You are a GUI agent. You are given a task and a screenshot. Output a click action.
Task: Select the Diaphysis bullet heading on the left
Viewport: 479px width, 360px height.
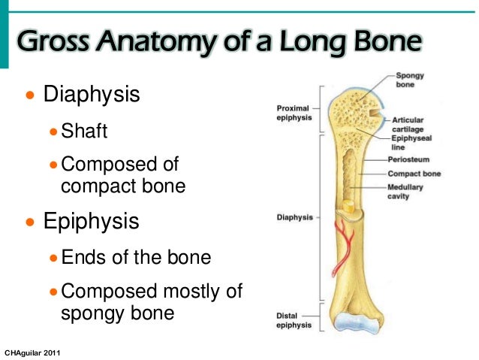tap(92, 95)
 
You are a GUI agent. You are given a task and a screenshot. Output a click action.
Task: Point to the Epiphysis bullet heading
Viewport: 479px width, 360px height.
tap(92, 222)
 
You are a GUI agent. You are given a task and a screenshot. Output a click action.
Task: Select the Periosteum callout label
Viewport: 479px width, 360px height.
tap(409, 159)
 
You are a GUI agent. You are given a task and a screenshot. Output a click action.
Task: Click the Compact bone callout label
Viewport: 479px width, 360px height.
tap(414, 174)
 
